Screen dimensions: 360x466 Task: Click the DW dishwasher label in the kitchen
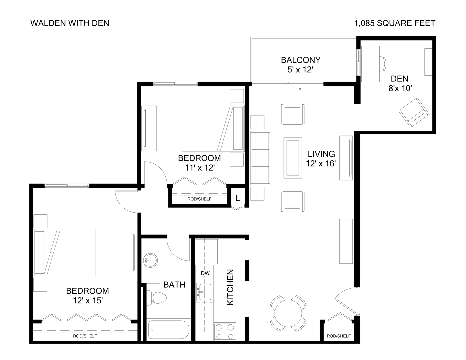tap(205, 273)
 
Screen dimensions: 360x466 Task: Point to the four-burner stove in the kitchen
tap(225, 331)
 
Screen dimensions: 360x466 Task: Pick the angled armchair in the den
tap(413, 112)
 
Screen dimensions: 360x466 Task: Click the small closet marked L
tap(237, 198)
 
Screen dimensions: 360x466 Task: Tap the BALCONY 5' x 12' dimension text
tap(300, 70)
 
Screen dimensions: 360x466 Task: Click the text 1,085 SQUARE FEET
tap(395, 23)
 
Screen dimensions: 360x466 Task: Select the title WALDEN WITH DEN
tap(70, 23)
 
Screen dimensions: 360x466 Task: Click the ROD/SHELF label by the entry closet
tap(338, 336)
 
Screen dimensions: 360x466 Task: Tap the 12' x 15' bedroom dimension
tap(87, 300)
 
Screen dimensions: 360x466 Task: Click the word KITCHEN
tap(230, 287)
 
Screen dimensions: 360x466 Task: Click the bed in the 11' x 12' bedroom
tap(213, 128)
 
